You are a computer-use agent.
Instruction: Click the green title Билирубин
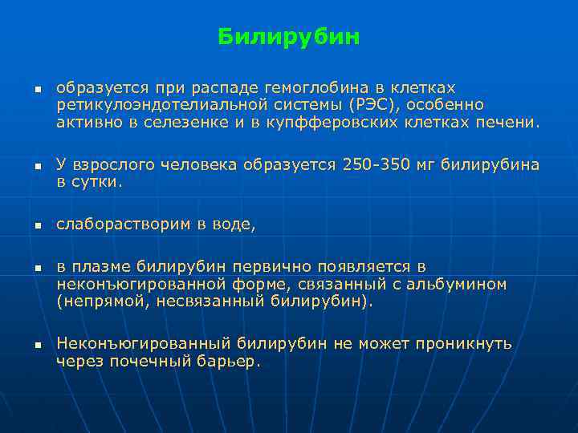[289, 38]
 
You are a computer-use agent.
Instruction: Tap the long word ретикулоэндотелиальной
[144, 105]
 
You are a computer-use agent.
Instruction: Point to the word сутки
[98, 183]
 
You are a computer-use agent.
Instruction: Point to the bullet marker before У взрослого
[37, 166]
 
